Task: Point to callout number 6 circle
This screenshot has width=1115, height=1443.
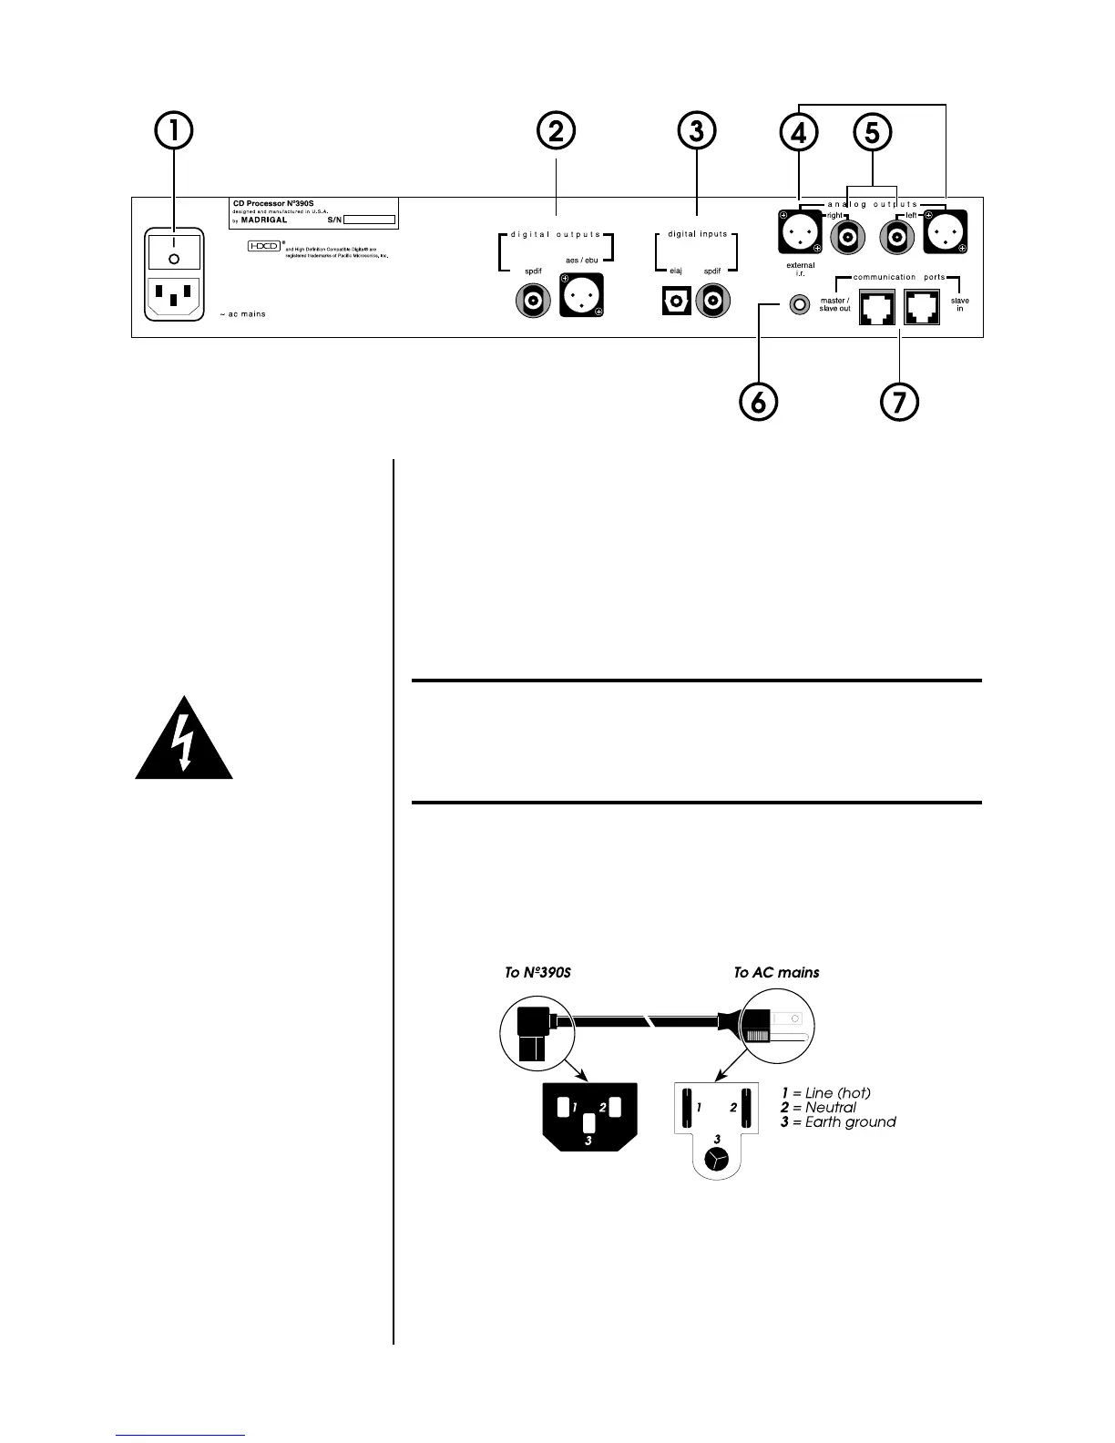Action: coord(759,401)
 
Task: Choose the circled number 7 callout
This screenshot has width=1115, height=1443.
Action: coord(899,401)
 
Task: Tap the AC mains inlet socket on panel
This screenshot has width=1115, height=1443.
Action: coord(174,297)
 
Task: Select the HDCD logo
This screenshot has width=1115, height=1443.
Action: coord(263,246)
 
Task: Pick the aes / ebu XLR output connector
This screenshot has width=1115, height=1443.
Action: coord(582,295)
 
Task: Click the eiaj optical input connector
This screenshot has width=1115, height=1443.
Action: coord(676,302)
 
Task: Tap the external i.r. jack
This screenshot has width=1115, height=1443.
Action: coord(801,304)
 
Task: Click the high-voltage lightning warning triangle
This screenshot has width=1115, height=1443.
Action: coord(184,740)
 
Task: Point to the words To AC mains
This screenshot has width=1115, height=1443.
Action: coord(776,973)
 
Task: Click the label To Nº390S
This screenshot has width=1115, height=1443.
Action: coord(537,973)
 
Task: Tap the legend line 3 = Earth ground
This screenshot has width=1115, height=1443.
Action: coord(838,1122)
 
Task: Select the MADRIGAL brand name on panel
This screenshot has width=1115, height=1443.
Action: coord(264,220)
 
